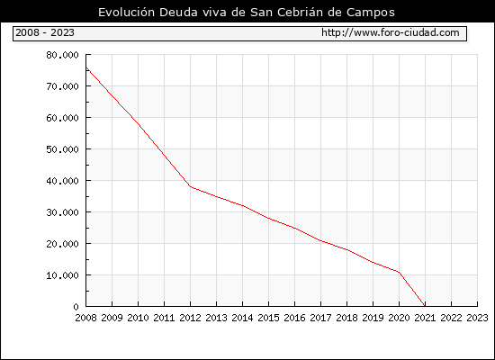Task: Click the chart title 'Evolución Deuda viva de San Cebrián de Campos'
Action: (247, 12)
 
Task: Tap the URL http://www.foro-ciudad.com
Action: (391, 32)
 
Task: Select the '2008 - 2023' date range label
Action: (45, 32)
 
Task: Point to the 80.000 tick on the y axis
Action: (62, 55)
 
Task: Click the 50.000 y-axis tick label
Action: (62, 149)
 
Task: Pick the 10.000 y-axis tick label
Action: (62, 275)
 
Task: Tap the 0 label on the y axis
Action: (76, 307)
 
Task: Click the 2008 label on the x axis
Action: (85, 318)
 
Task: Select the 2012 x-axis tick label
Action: (191, 318)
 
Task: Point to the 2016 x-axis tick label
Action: (294, 318)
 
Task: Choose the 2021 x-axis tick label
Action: (425, 318)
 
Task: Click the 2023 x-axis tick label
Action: (477, 318)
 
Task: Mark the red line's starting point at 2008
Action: (86, 67)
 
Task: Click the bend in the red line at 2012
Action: (191, 186)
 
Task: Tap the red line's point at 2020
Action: (399, 272)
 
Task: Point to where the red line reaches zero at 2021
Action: (425, 306)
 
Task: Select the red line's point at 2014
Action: (242, 205)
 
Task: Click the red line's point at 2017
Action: (320, 240)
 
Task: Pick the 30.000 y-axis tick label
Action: (62, 212)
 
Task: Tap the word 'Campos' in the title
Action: (371, 13)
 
